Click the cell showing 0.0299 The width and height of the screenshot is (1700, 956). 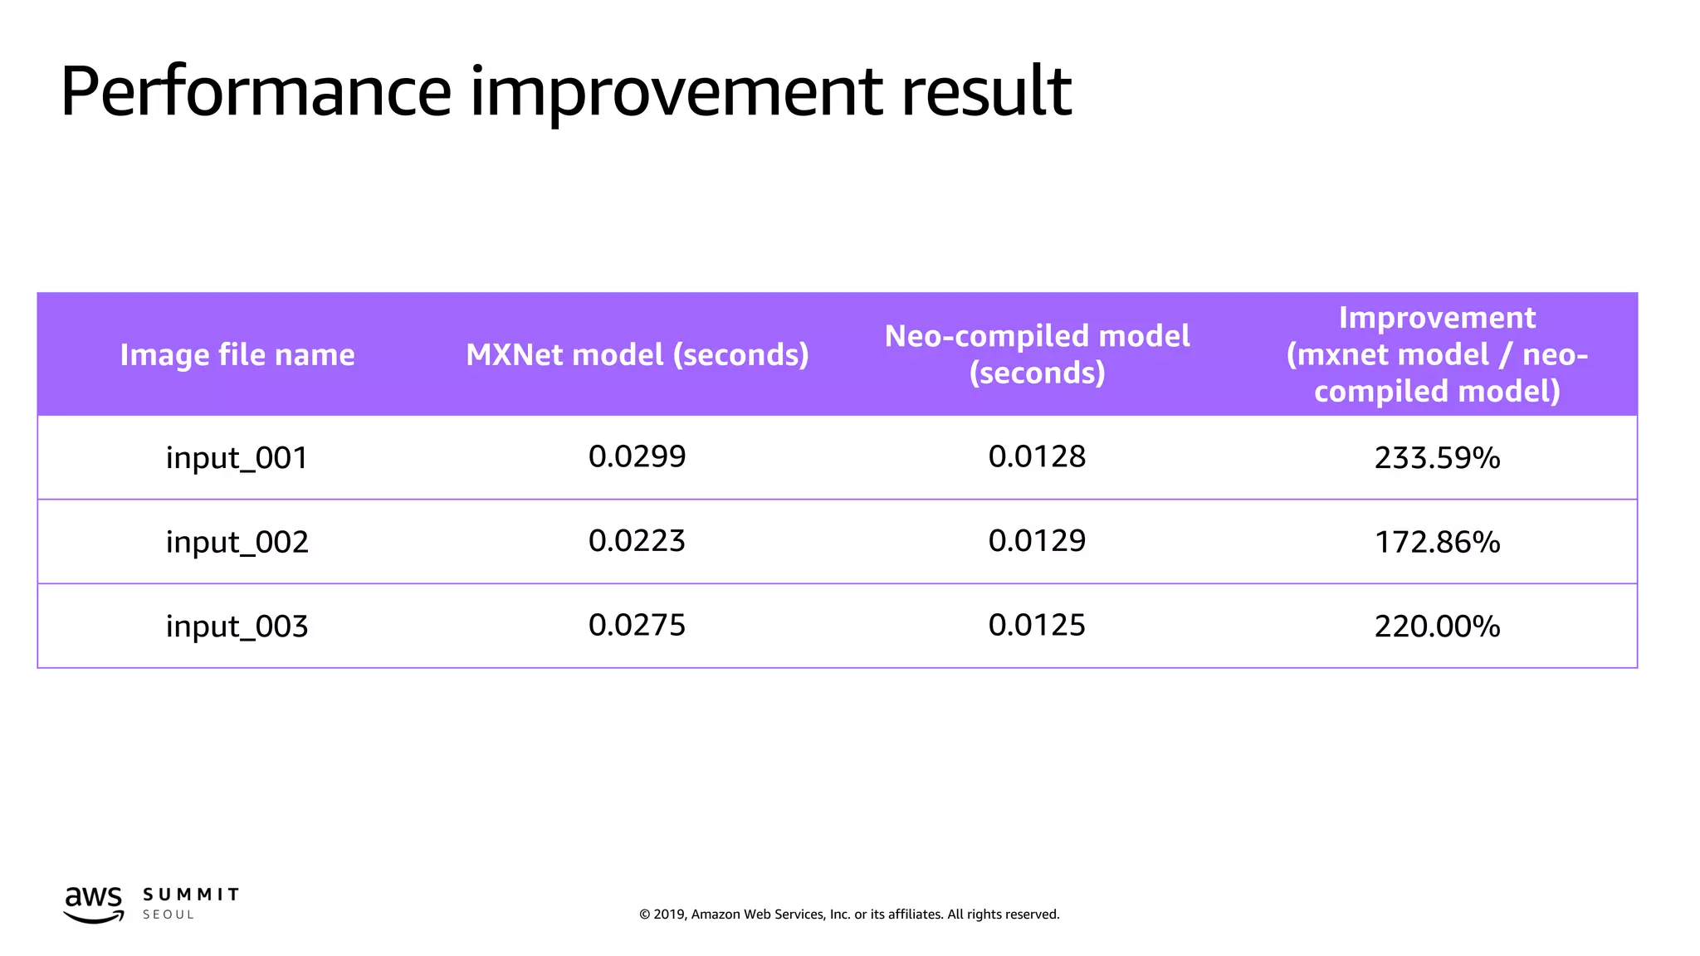coord(637,456)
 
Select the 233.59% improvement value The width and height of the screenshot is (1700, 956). coord(1437,458)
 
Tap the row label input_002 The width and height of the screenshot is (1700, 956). coord(237,542)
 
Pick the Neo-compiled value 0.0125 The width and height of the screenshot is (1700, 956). coord(1037,625)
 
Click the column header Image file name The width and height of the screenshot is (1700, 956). coord(237,355)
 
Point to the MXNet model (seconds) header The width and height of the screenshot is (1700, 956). coord(637,355)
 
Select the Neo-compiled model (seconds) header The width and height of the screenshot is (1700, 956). coord(1037,354)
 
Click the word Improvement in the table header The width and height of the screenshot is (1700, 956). coord(1437,318)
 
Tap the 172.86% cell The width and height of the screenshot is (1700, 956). coord(1437,542)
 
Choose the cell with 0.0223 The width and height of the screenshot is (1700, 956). coord(637,541)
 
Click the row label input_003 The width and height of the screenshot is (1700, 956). coord(237,626)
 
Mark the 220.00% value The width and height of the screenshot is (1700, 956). coord(1437,626)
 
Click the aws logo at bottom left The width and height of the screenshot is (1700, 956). coord(94,904)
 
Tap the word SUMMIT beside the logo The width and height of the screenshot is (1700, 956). coord(191,895)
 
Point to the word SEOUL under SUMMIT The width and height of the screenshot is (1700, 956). coord(169,915)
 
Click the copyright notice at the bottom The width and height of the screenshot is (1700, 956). coord(849,915)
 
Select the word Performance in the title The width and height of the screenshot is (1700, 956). coord(255,93)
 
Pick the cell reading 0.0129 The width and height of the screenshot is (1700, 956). coord(1037,541)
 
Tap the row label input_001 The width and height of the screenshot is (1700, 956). coord(237,458)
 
